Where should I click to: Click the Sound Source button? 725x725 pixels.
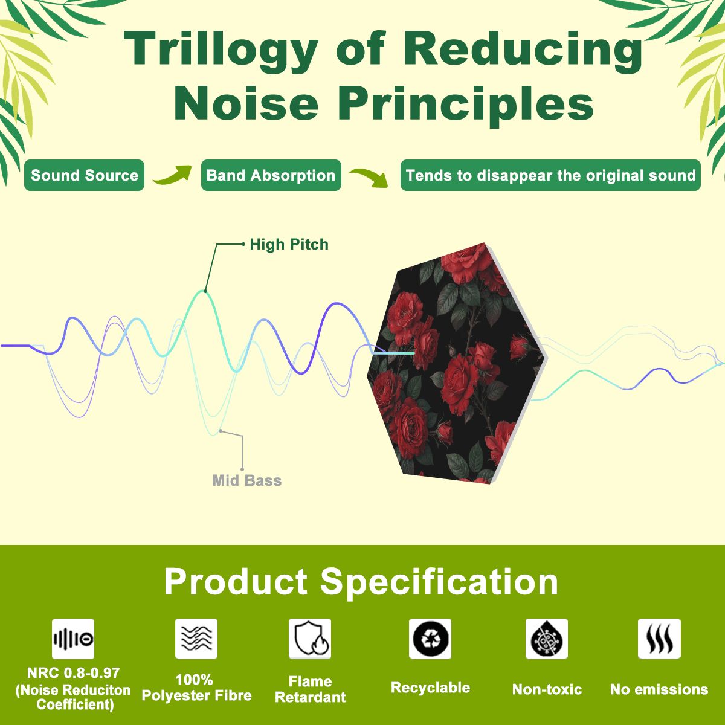tap(84, 175)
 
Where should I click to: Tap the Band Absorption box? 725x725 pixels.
tap(271, 175)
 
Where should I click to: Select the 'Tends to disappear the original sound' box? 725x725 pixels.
tap(550, 175)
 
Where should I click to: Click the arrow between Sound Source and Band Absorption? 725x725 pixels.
tap(173, 175)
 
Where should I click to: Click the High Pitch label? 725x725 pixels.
tap(289, 245)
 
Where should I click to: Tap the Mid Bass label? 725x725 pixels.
tap(247, 480)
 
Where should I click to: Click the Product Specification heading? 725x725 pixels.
tap(361, 582)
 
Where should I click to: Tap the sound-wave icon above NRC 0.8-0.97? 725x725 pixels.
tap(73, 639)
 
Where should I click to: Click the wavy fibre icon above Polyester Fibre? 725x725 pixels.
tap(196, 639)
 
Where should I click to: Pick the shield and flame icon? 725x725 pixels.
tap(310, 639)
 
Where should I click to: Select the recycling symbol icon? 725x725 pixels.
tap(430, 639)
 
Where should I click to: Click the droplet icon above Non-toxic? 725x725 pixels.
tap(547, 639)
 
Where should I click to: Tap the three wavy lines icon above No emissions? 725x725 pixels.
tap(659, 639)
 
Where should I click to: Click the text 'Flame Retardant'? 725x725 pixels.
tap(311, 689)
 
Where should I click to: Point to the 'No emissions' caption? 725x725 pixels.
tap(659, 689)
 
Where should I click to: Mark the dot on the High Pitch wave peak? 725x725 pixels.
tap(205, 291)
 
